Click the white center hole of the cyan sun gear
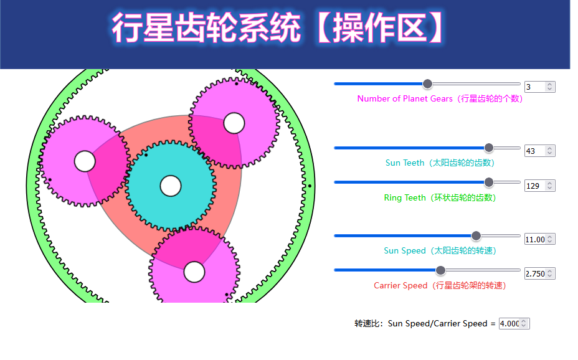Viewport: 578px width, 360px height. click(171, 186)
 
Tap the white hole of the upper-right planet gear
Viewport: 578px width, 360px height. click(234, 123)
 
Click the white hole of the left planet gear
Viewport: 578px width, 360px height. click(85, 161)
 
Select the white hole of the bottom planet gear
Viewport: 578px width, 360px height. click(194, 272)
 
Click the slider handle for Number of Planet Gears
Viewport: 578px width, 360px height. click(427, 84)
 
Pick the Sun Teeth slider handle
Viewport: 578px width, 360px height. click(489, 148)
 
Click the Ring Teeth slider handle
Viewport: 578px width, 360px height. click(489, 182)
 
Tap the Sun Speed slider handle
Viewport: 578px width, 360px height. click(476, 236)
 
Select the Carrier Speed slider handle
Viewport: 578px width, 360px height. click(440, 270)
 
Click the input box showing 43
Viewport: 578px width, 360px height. click(539, 151)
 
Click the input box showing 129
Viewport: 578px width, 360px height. click(539, 186)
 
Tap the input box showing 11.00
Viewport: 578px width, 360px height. click(539, 239)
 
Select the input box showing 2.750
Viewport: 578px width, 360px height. click(539, 273)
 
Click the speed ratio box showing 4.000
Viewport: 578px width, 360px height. click(514, 323)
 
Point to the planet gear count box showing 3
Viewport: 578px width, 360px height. click(539, 87)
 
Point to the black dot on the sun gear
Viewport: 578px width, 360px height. click(146, 155)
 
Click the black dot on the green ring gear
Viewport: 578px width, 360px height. click(310, 186)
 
